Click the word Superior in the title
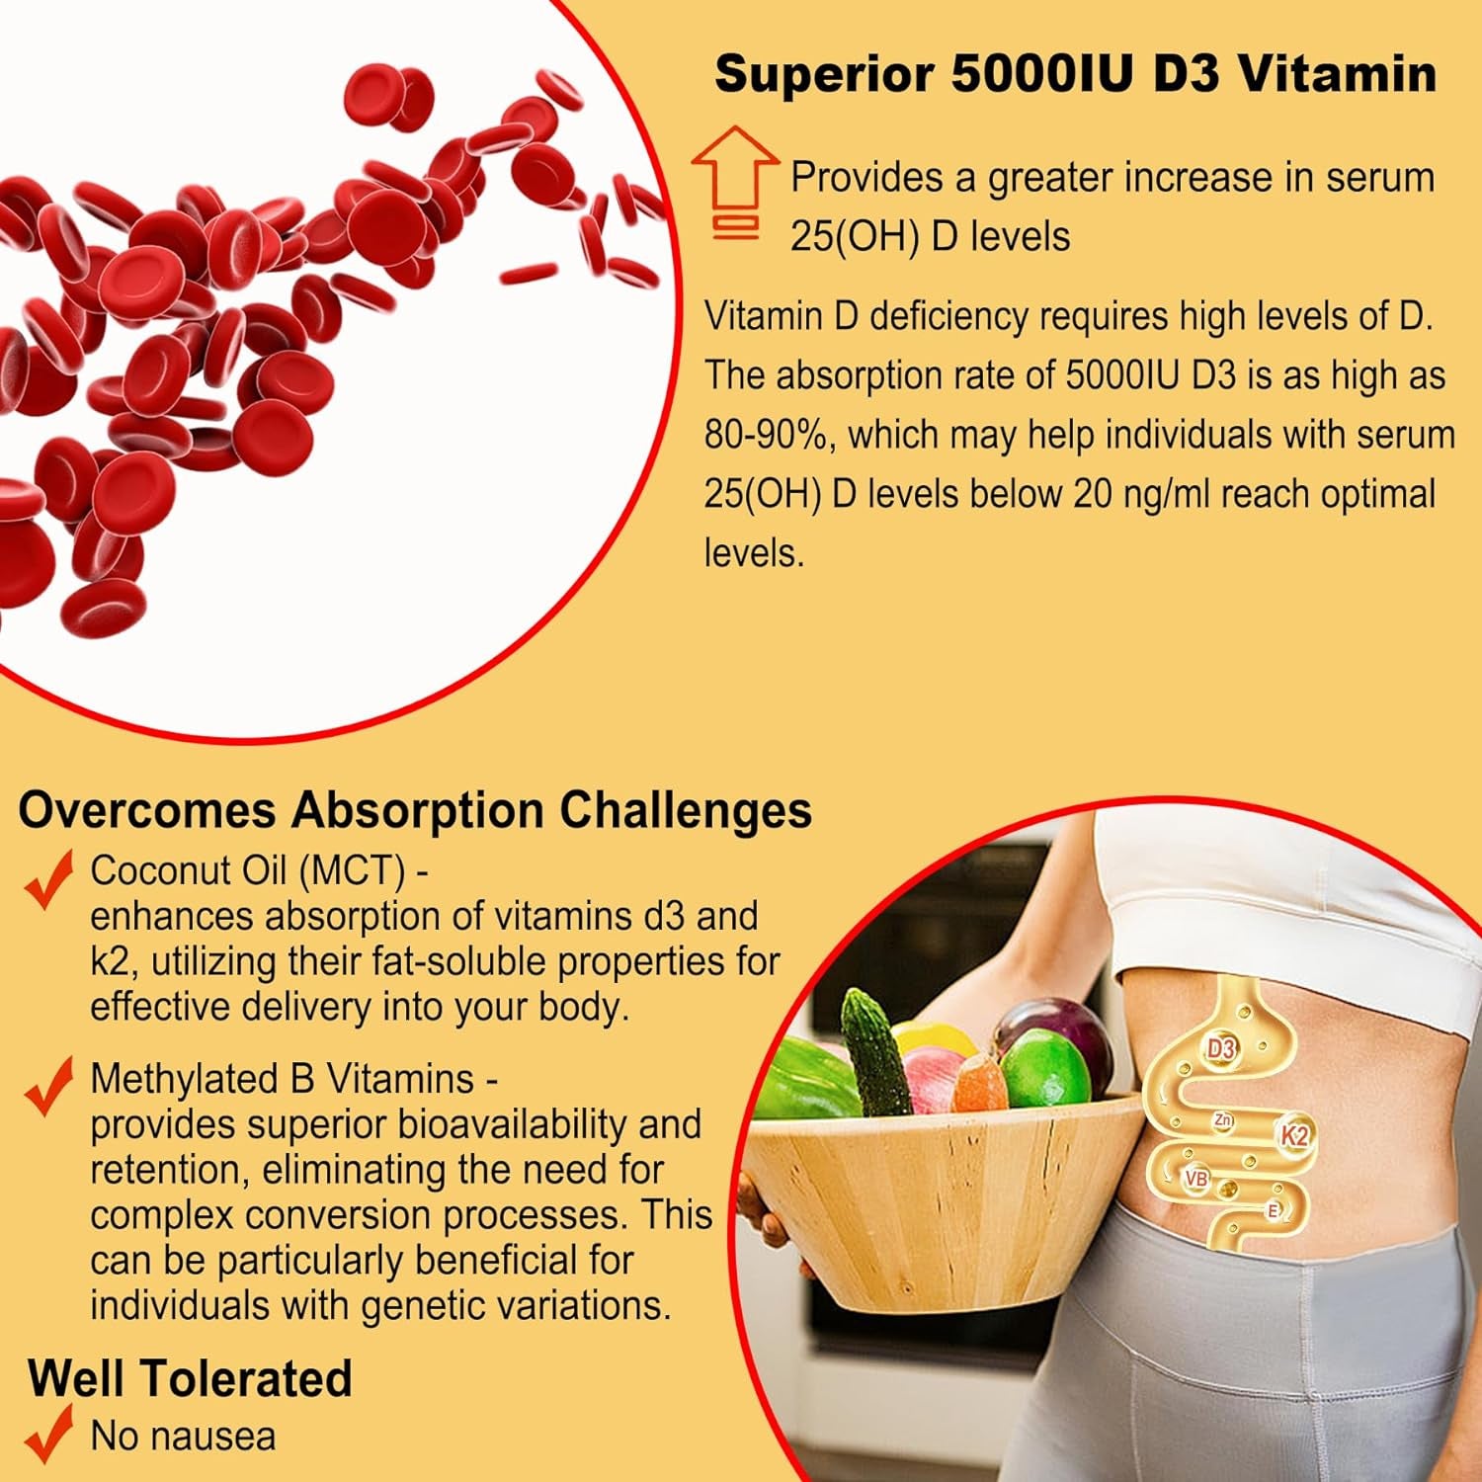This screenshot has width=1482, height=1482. [824, 74]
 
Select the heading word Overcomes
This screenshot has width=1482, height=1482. [146, 810]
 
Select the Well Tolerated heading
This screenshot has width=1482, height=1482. [190, 1378]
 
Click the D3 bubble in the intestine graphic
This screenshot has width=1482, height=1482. [1221, 1048]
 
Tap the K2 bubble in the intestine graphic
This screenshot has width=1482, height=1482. [1293, 1135]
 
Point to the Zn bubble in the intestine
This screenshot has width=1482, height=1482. [1223, 1119]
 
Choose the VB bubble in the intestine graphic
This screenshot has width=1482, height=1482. [1195, 1178]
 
